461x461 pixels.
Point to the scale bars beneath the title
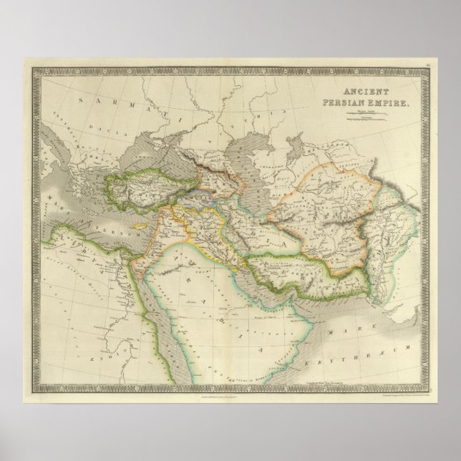(x=372, y=115)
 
